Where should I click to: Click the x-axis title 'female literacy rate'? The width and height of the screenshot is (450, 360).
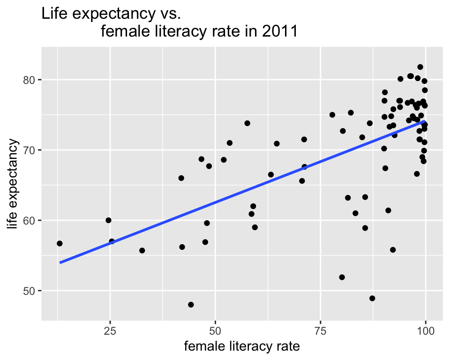[242, 347]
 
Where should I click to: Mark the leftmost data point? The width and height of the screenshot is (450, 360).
[60, 243]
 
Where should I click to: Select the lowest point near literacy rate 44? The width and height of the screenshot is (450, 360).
[191, 305]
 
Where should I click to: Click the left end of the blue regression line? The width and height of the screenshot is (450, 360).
[60, 262]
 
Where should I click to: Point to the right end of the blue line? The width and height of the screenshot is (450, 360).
[425, 121]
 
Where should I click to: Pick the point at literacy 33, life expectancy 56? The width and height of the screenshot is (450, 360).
[142, 250]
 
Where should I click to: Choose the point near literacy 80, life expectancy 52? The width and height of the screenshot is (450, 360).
[342, 277]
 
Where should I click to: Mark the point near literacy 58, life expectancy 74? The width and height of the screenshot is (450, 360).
[247, 123]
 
